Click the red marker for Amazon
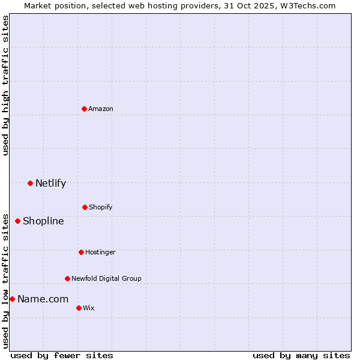pyautogui.click(x=84, y=109)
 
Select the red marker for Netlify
pyautogui.click(x=30, y=183)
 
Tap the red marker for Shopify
pyautogui.click(x=85, y=207)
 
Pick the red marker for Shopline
pyautogui.click(x=17, y=221)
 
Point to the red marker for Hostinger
pyautogui.click(x=81, y=252)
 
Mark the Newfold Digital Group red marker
pyautogui.click(x=67, y=278)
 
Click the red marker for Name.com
pyautogui.click(x=12, y=299)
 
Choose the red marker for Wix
pyautogui.click(x=79, y=308)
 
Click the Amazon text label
pyautogui.click(x=101, y=109)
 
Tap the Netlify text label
pyautogui.click(x=50, y=184)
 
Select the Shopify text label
pyautogui.click(x=101, y=207)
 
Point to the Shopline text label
pyautogui.click(x=43, y=221)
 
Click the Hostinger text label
pyautogui.click(x=100, y=252)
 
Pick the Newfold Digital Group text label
pyautogui.click(x=106, y=278)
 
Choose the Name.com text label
pyautogui.click(x=43, y=299)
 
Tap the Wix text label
pyautogui.click(x=89, y=308)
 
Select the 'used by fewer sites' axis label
pyautogui.click(x=62, y=355)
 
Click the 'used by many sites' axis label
pyautogui.click(x=301, y=355)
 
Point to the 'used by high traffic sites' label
pyautogui.click(x=5, y=85)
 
